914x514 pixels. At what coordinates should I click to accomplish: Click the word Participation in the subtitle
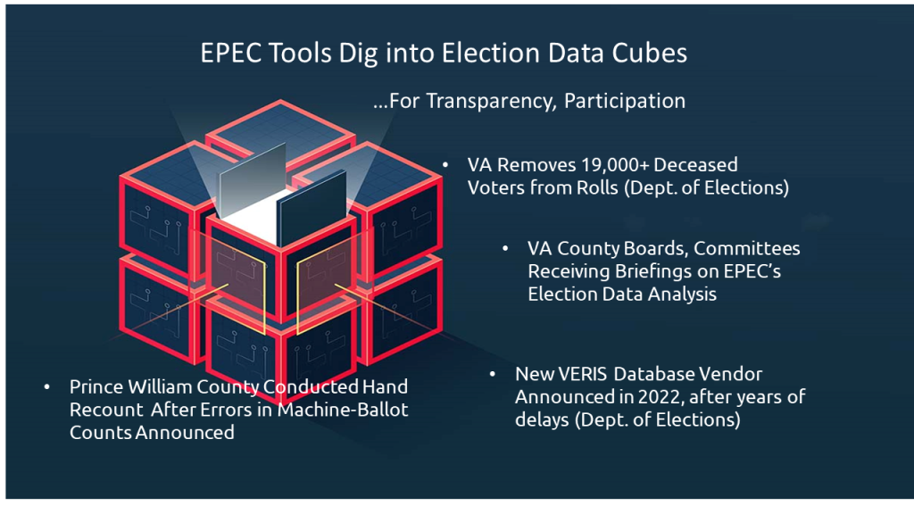[625, 102]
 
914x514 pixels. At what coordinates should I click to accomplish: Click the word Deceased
[696, 165]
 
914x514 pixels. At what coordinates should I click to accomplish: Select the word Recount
[106, 410]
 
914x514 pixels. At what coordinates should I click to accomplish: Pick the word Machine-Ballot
[343, 410]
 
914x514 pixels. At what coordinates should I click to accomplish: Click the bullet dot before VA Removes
[445, 166]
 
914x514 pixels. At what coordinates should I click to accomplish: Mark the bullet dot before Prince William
[47, 387]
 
